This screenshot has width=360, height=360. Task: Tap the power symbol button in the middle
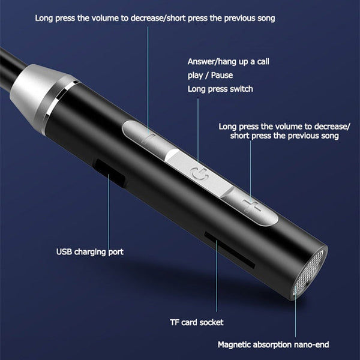click(x=199, y=174)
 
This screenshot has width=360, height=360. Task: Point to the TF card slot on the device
click(x=227, y=252)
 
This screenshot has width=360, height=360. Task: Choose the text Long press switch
click(x=220, y=89)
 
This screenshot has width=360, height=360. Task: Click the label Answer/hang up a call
click(x=227, y=61)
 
